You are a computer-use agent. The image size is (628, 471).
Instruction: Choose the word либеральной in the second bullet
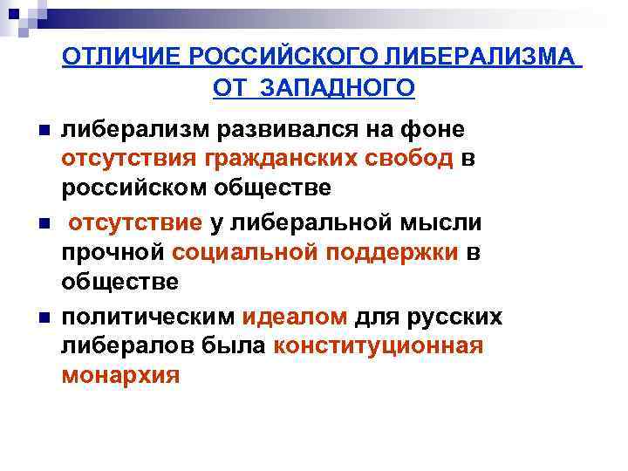click(x=319, y=222)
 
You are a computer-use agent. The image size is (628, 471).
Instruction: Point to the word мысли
click(x=444, y=222)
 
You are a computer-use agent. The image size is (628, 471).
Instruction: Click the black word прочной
click(x=113, y=252)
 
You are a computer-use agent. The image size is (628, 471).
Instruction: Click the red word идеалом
click(x=295, y=315)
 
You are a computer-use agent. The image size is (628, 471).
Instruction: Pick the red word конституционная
click(x=378, y=345)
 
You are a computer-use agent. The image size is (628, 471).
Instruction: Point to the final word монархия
click(x=120, y=375)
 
